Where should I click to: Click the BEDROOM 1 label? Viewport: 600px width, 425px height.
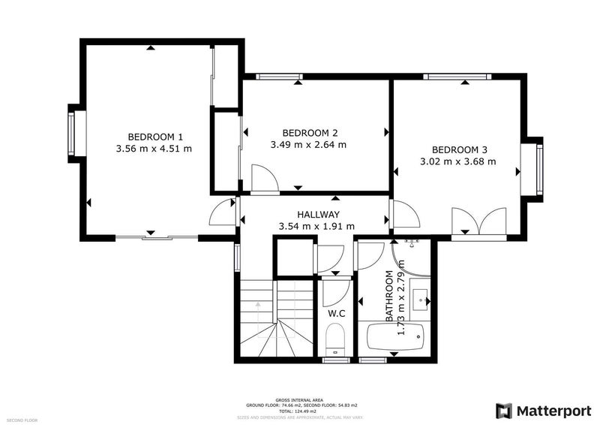tap(155, 137)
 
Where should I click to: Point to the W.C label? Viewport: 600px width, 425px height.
tap(336, 312)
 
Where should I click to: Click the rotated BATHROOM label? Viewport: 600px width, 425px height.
tap(389, 296)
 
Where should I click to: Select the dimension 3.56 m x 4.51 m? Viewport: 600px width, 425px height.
tap(155, 149)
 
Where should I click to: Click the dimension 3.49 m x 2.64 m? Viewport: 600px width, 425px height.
tap(308, 144)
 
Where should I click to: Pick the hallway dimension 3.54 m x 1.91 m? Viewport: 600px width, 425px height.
tap(316, 225)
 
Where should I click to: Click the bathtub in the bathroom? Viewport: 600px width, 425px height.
tap(395, 340)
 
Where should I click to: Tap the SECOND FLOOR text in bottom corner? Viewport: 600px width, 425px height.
tap(23, 420)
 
